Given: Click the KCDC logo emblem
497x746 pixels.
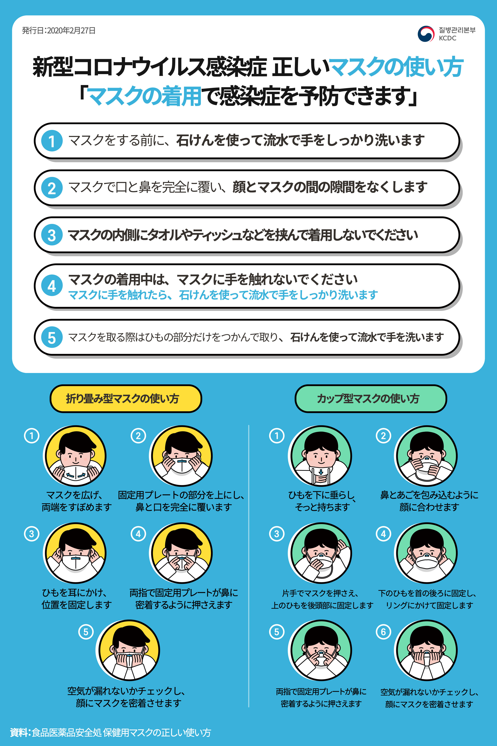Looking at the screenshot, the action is tap(426, 34).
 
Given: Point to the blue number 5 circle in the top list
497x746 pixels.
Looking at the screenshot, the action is tap(52, 337).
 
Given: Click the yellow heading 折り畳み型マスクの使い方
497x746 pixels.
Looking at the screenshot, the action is tap(126, 399).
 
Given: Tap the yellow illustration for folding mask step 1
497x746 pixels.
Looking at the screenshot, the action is tap(75, 456).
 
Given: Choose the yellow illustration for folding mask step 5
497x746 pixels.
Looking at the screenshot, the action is tap(128, 650).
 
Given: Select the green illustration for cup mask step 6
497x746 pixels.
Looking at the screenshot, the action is tap(426, 650).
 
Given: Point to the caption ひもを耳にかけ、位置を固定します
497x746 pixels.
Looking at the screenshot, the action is tap(77, 599).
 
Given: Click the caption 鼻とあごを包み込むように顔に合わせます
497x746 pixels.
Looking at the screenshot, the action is tap(429, 501).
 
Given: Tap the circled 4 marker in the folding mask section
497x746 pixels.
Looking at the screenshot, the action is tap(138, 534).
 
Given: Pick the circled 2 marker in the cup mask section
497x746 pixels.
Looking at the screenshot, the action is tap(383, 436).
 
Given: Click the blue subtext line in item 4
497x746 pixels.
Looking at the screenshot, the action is tap(223, 295).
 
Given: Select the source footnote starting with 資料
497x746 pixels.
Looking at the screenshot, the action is tap(110, 732).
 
